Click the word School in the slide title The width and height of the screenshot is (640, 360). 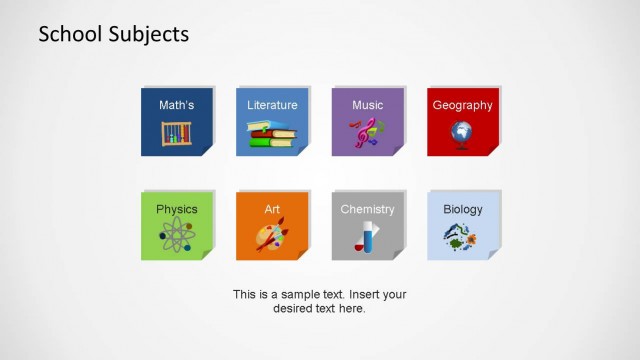[67, 34]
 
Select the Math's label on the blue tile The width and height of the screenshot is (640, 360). [176, 105]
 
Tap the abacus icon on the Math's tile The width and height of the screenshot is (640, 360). [176, 133]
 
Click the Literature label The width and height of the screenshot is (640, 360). [272, 105]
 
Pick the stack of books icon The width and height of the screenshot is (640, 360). [272, 134]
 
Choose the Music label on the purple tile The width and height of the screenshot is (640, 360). [367, 105]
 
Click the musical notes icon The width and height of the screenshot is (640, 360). [367, 133]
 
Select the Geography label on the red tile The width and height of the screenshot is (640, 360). [462, 105]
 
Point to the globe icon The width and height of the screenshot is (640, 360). [462, 133]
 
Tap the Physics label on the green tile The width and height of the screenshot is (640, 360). [176, 209]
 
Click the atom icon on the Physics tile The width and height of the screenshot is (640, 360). [176, 237]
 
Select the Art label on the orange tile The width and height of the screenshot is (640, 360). [272, 209]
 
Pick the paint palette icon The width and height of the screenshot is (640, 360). [272, 237]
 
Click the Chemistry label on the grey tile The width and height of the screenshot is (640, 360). [367, 209]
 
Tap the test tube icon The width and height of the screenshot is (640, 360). [366, 238]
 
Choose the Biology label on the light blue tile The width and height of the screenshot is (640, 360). [463, 209]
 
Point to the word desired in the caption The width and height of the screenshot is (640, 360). [294, 309]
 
